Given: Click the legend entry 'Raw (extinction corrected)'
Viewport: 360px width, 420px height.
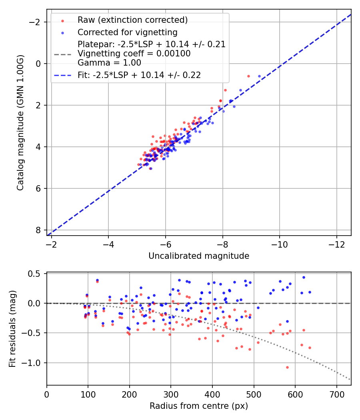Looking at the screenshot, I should click(x=132, y=20).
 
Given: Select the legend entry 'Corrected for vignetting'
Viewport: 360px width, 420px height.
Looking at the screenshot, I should click(x=128, y=32).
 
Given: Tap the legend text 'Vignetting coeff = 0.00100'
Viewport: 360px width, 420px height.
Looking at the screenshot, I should click(x=134, y=53).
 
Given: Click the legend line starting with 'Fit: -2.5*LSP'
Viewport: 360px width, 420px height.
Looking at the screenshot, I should click(x=139, y=75).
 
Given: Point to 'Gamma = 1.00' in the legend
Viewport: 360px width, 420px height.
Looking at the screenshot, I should click(x=109, y=62).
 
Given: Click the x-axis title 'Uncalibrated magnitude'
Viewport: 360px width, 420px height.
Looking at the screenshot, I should click(x=199, y=256).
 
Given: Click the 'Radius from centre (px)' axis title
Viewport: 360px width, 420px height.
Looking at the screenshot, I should click(x=199, y=406).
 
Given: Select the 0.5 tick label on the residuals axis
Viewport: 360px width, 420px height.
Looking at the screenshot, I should click(x=36, y=274).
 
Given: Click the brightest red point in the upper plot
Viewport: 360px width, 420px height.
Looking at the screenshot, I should click(x=248, y=76).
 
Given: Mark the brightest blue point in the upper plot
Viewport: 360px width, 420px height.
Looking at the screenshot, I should click(x=259, y=76).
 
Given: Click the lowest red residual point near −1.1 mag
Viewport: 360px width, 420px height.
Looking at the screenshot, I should click(x=287, y=367).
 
